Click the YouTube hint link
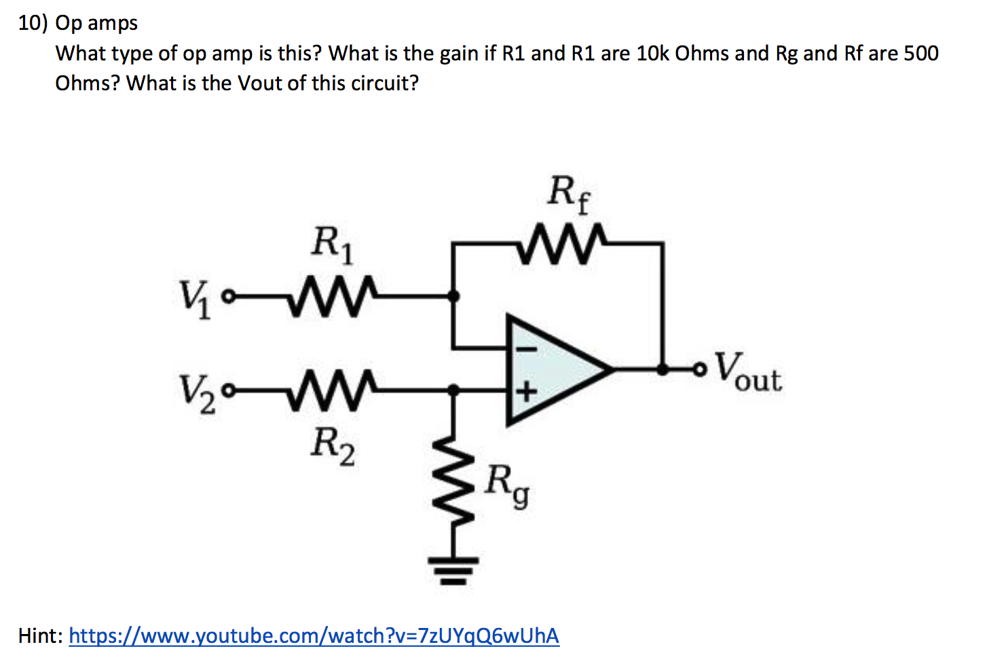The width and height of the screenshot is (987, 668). pyautogui.click(x=314, y=636)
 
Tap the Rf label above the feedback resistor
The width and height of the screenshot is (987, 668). pyautogui.click(x=569, y=194)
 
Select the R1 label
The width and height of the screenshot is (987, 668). pyautogui.click(x=332, y=244)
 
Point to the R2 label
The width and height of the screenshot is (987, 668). pyautogui.click(x=332, y=447)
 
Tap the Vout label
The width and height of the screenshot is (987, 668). pyautogui.click(x=749, y=373)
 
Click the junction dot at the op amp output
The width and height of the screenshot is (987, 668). pyautogui.click(x=663, y=370)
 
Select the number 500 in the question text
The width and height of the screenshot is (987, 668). pyautogui.click(x=921, y=54)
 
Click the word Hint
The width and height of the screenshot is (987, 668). pyautogui.click(x=40, y=636)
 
